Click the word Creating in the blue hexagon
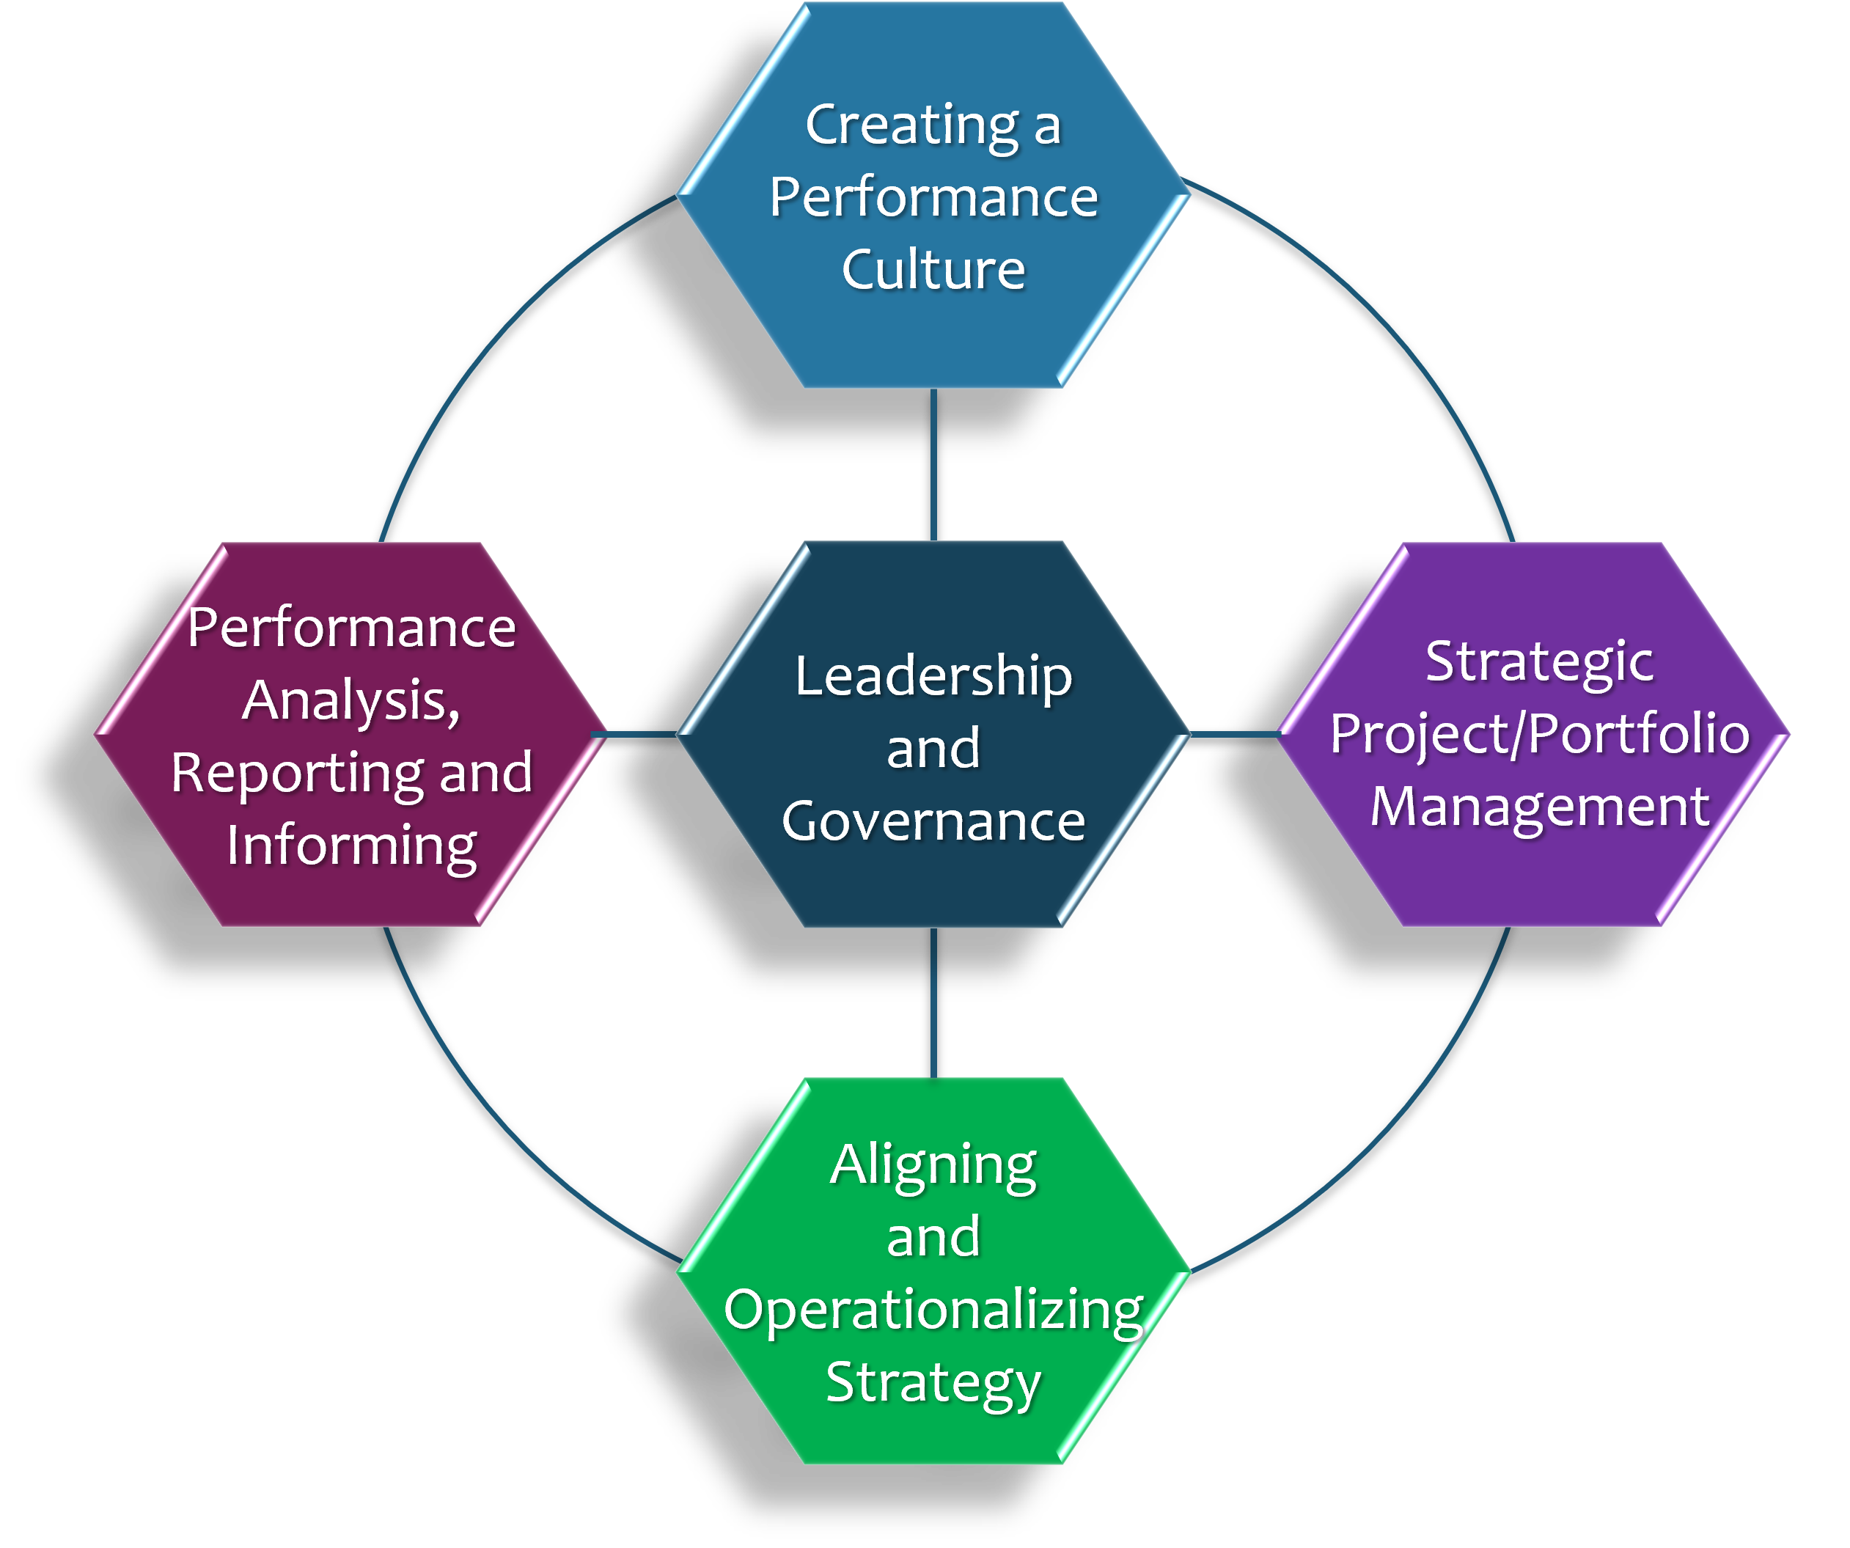click(x=911, y=125)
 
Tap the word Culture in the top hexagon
click(x=933, y=270)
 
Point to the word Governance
click(x=933, y=821)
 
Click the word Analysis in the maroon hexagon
click(x=350, y=701)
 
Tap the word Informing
click(x=351, y=845)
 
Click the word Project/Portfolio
click(x=1539, y=734)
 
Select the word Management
click(x=1539, y=806)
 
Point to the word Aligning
click(x=933, y=1166)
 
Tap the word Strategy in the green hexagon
click(x=933, y=1382)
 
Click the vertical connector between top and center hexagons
click(x=933, y=464)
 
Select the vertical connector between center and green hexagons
click(x=933, y=1002)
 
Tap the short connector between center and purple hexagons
click(x=1233, y=734)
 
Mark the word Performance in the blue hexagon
click(x=933, y=197)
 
